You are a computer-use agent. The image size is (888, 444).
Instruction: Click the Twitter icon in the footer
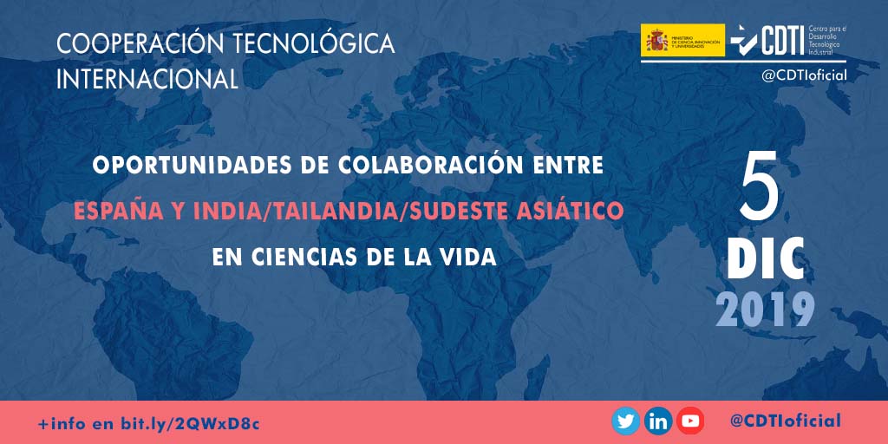tap(625, 421)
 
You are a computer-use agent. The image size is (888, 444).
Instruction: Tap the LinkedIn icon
tap(658, 421)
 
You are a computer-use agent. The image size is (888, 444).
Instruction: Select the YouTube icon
tap(690, 421)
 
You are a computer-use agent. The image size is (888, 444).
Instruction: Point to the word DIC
tap(766, 256)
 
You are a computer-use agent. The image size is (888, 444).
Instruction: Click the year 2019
tap(766, 309)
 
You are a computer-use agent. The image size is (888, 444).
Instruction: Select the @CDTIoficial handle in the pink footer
tap(785, 421)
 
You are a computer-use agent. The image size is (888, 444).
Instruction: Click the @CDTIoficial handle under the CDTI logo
tap(804, 75)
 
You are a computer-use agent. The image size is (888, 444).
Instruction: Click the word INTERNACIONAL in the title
tap(147, 79)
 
